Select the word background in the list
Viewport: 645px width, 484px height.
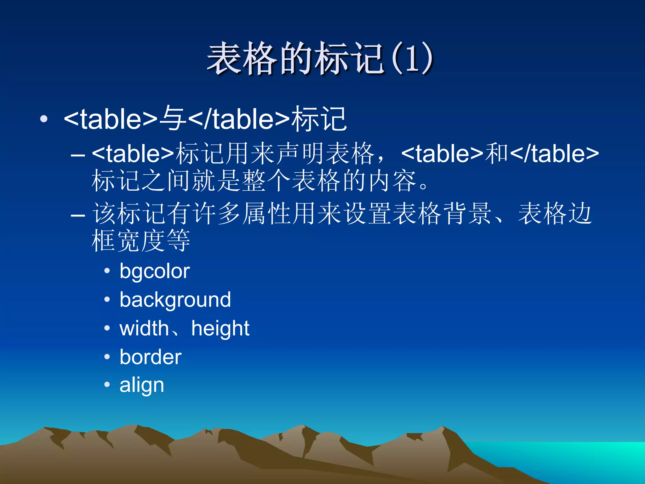[x=175, y=300]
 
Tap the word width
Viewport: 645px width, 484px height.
[x=144, y=328]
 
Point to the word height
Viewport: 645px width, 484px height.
[x=220, y=328]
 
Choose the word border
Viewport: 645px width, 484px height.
[x=150, y=357]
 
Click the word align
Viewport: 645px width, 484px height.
[x=142, y=385]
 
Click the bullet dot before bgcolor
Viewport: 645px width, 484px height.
[x=107, y=271]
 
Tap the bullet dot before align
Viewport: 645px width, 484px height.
[x=107, y=384]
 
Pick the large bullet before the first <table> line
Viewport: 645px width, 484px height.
[x=44, y=119]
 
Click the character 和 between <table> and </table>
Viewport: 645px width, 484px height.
[x=497, y=153]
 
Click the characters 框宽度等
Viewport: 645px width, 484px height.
[x=141, y=241]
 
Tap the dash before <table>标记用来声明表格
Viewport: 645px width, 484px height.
[x=78, y=155]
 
